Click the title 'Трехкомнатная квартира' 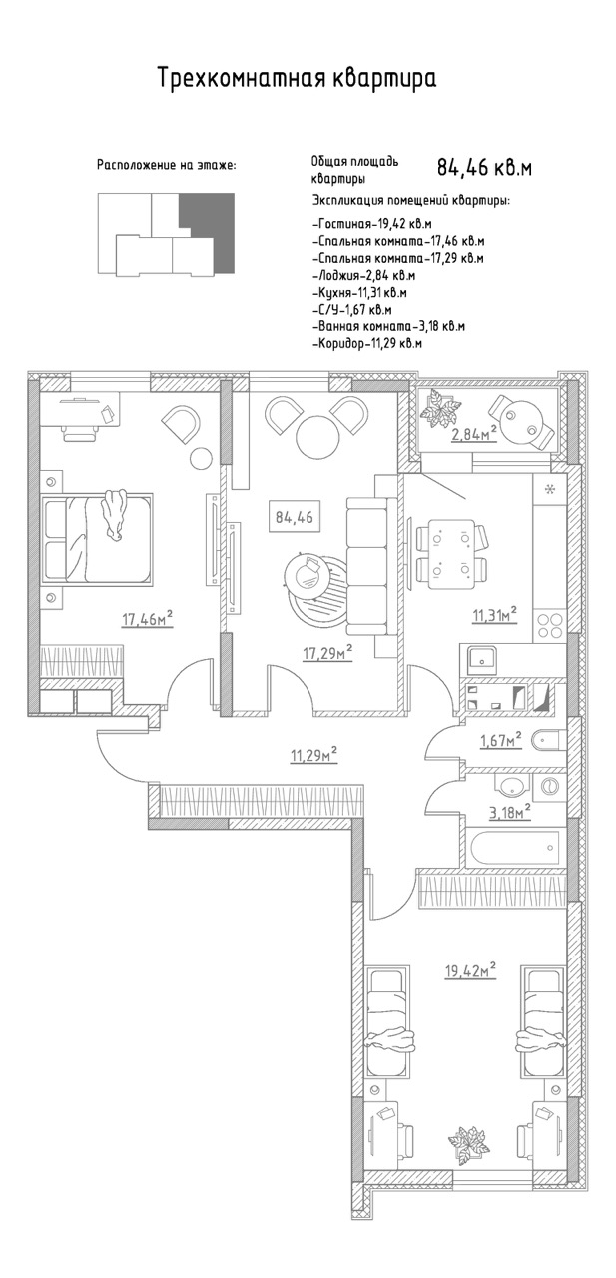[x=297, y=78]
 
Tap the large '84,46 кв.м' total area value [x=484, y=168]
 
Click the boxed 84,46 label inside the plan [x=294, y=517]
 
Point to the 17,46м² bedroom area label [x=147, y=618]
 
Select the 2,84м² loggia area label [x=474, y=434]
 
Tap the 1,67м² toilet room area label [x=501, y=740]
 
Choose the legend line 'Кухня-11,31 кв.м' [x=359, y=293]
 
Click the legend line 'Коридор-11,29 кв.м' [x=367, y=344]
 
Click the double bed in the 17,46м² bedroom [x=97, y=538]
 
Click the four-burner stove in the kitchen [x=549, y=624]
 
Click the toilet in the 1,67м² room [x=547, y=742]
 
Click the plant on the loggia [x=440, y=408]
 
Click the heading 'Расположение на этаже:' [x=166, y=166]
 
